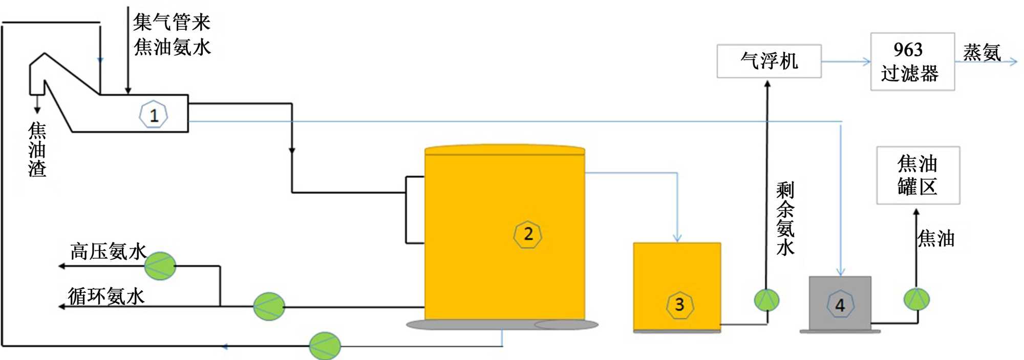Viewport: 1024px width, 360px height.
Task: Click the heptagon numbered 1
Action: pos(154,115)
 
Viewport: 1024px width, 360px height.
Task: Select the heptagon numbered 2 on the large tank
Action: pos(527,235)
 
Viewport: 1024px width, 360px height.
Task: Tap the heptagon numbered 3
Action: pos(679,305)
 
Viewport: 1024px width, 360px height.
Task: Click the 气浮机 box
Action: pos(769,61)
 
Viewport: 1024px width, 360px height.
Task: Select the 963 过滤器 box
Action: pos(912,62)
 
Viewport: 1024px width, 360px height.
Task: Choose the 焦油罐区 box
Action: pos(918,176)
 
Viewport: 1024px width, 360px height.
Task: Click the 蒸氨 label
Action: pos(982,52)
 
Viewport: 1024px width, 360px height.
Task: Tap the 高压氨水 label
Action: pos(108,251)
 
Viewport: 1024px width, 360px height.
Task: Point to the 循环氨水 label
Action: pos(106,296)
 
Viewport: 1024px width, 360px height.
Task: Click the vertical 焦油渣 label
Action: pos(37,150)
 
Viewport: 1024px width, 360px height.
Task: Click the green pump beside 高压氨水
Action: pos(160,266)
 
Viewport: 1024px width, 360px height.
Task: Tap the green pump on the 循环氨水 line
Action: pos(269,306)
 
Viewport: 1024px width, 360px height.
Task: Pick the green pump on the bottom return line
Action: pos(325,346)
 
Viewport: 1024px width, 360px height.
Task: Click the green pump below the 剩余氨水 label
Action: pos(766,300)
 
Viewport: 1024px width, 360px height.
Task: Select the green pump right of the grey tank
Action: pos(916,300)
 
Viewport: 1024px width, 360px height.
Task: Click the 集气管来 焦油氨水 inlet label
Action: pos(172,34)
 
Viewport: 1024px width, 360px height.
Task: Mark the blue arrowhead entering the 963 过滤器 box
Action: pos(867,62)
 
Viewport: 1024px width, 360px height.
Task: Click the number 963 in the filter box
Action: pos(908,50)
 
